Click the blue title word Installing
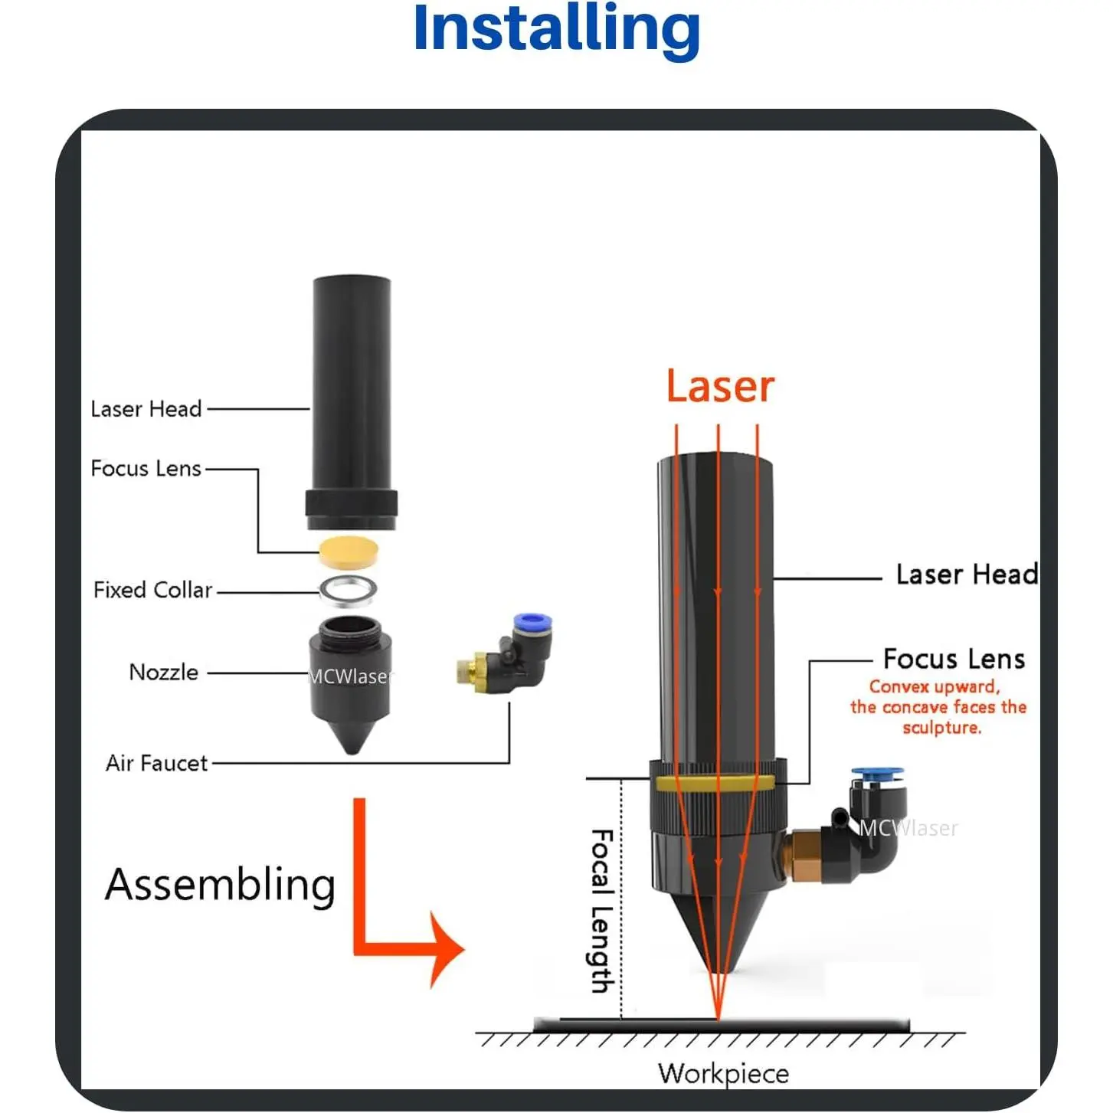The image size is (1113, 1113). click(556, 29)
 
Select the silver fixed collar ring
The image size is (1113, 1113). click(349, 590)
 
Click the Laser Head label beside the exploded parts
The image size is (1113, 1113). click(146, 409)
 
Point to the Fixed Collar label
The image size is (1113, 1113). click(152, 590)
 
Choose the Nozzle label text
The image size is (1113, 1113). click(164, 673)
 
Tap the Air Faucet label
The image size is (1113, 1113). click(157, 763)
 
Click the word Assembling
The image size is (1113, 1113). click(221, 885)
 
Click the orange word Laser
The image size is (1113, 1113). click(720, 387)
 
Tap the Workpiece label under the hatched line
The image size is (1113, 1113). click(723, 1073)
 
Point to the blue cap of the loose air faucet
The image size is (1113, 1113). click(533, 620)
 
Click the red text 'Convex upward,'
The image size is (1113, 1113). click(935, 687)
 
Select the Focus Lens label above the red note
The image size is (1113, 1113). click(954, 659)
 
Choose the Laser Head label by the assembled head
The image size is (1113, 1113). click(967, 575)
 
